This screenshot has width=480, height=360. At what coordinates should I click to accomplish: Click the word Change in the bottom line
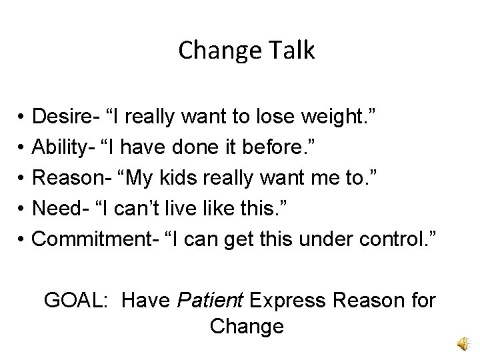[x=246, y=327]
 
